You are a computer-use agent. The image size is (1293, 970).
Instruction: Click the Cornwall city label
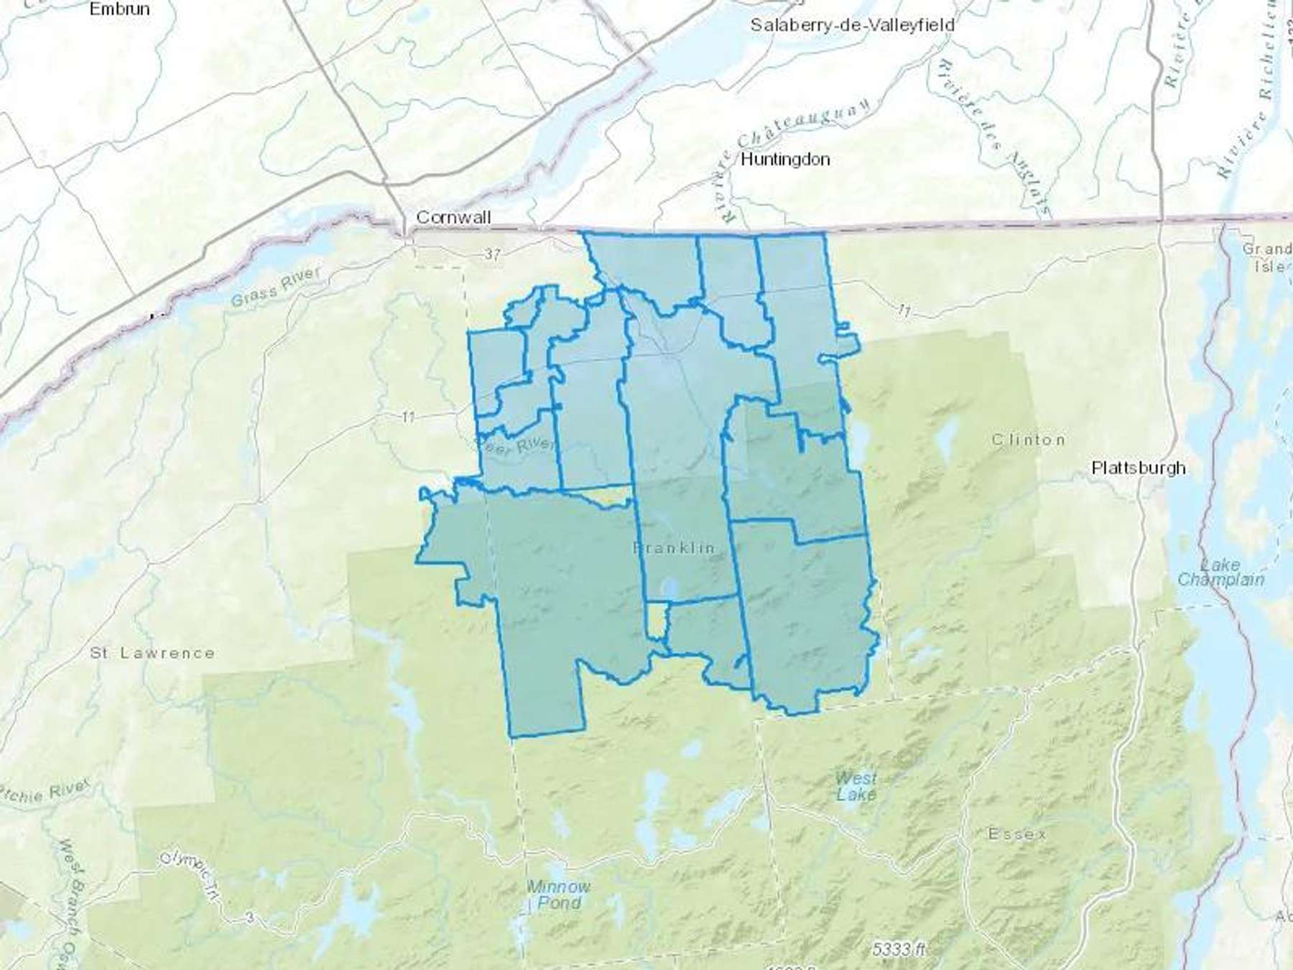[453, 217]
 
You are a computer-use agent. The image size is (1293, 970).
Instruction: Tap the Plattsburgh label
[1138, 468]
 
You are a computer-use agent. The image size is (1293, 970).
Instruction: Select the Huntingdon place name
[784, 159]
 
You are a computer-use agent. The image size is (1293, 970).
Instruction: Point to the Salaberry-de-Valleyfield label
[852, 25]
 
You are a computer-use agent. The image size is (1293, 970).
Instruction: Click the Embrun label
[119, 9]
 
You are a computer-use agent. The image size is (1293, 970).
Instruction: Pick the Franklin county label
[674, 548]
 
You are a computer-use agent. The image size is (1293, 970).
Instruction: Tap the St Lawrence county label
[152, 653]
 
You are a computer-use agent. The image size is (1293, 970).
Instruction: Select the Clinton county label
[1028, 440]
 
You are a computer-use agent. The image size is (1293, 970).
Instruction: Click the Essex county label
[1017, 834]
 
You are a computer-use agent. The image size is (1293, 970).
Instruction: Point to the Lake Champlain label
[1220, 572]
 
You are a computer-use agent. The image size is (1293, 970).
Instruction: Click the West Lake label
[856, 786]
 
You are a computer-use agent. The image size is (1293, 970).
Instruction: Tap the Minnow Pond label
[559, 895]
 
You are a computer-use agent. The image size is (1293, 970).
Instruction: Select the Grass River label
[276, 286]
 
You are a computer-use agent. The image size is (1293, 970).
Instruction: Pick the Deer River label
[516, 444]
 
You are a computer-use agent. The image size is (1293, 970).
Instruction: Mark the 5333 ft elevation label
[899, 949]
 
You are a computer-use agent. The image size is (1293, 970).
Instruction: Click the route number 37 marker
[492, 254]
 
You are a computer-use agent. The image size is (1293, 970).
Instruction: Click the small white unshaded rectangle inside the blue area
[656, 619]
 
